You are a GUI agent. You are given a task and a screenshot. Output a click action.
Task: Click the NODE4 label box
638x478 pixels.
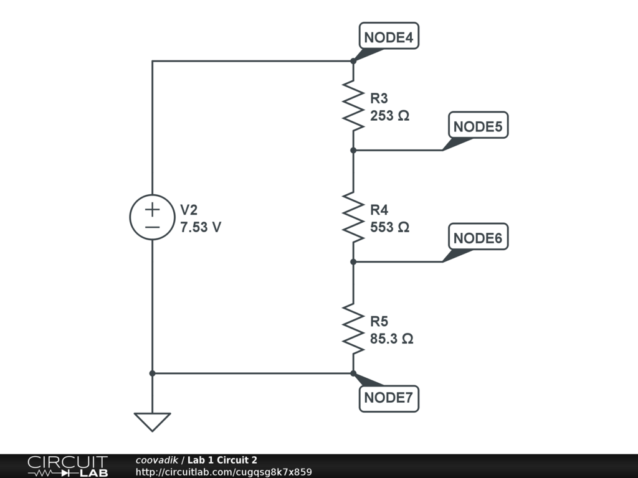389,37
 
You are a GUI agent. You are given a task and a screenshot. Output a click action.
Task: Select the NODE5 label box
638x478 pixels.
478,126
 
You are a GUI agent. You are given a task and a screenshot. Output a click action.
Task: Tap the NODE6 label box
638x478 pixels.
478,238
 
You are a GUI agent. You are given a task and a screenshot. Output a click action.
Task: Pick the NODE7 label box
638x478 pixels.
389,398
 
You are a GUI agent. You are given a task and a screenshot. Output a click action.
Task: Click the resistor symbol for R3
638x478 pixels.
353,106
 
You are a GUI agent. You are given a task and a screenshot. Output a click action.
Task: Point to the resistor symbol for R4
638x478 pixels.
353,217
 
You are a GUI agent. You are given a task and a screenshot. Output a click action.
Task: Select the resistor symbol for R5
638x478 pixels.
353,329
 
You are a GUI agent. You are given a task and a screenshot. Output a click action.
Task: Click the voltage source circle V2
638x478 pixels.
152,217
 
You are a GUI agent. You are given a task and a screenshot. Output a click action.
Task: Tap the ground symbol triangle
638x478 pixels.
152,422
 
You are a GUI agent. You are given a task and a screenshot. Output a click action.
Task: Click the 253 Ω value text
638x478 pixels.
389,116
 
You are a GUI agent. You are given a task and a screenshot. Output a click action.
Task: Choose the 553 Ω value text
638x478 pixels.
389,227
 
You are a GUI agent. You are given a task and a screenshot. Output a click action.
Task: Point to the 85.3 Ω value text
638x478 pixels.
392,339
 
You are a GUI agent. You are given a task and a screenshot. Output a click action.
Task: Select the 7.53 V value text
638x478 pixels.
201,227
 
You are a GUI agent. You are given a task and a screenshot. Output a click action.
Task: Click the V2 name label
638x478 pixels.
189,209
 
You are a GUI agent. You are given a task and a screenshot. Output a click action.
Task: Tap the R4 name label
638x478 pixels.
379,209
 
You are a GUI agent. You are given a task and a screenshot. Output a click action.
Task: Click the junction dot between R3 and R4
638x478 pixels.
353,150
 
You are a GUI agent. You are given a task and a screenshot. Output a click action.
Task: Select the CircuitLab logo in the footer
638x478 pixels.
67,466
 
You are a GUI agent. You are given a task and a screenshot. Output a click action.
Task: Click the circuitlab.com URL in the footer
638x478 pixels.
224,472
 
